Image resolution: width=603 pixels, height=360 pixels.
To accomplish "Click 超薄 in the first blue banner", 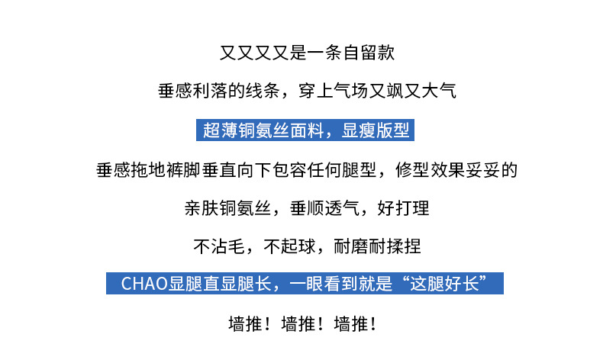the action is coord(220,130).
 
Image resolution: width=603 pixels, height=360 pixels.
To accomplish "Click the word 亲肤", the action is coord(202,208).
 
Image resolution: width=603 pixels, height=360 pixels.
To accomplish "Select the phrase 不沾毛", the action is coord(218,246).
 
